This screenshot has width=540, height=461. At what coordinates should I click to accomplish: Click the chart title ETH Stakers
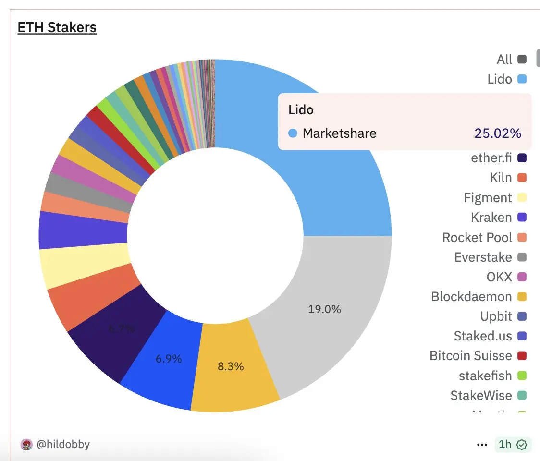point(57,28)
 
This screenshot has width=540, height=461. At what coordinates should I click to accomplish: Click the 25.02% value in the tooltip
point(498,133)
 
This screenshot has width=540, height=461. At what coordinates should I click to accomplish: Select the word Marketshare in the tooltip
point(339,133)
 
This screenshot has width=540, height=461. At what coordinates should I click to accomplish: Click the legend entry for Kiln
point(501,178)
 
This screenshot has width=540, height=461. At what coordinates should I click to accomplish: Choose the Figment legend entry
point(488,197)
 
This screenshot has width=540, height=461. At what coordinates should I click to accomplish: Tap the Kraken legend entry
point(491,217)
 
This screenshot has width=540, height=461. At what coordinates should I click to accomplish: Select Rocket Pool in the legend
point(477,237)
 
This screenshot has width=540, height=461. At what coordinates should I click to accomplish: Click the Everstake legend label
point(483,257)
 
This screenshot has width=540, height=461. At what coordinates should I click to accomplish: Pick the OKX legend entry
point(499,277)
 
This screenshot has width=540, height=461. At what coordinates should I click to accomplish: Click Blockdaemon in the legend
point(471,296)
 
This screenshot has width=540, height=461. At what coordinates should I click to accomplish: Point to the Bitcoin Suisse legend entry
point(470,356)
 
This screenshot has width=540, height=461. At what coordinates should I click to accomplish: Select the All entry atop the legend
point(504,59)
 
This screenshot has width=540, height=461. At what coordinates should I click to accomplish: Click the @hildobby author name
point(63,444)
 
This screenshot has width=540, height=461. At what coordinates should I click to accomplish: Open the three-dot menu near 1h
point(482,445)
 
